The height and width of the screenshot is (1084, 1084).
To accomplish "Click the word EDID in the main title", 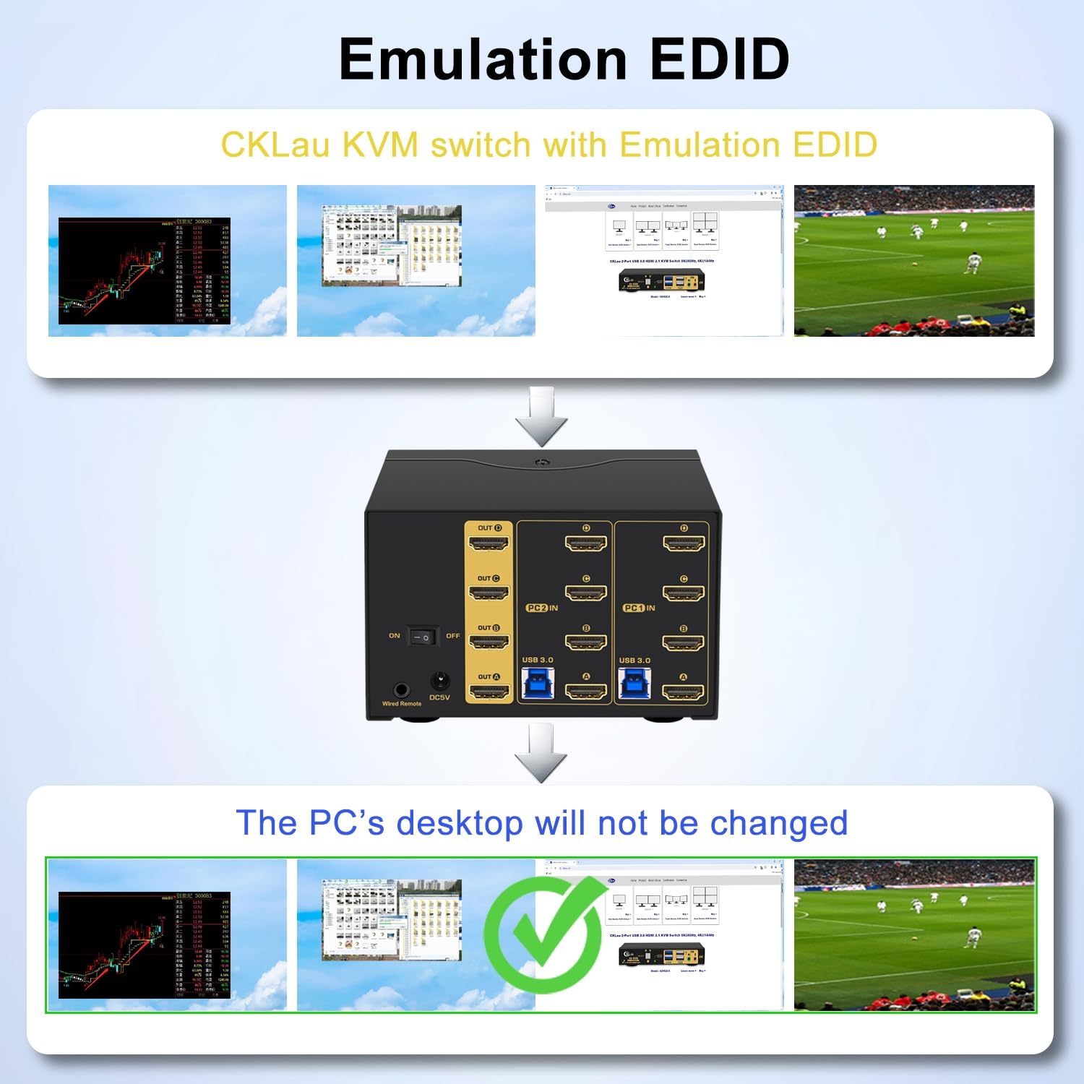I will (719, 59).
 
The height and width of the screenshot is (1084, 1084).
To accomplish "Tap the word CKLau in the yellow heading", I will (275, 145).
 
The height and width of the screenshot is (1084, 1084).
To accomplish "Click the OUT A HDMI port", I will (489, 692).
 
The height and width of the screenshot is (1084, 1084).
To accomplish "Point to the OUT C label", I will (489, 578).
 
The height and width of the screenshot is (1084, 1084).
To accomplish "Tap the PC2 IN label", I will (542, 608).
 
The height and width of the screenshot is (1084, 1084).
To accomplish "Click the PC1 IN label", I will (639, 608).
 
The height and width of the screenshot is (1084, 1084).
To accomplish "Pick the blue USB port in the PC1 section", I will (634, 683).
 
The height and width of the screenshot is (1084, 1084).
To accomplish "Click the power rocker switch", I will (423, 637).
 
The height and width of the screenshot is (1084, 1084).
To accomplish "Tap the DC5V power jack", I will (439, 681).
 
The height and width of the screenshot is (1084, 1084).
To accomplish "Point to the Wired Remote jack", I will (400, 689).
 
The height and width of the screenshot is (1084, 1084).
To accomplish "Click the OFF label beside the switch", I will (452, 636).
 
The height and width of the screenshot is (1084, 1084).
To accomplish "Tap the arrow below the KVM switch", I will (541, 754).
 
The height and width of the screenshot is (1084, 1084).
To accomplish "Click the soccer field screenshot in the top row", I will (914, 261).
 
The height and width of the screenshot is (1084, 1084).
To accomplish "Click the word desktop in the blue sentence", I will (460, 823).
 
